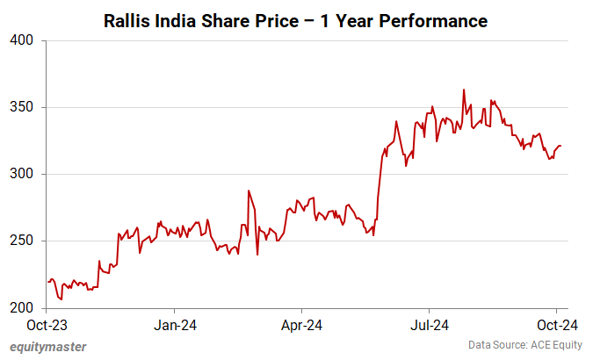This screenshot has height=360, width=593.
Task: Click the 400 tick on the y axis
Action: (21, 40)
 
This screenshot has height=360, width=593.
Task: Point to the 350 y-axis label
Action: (21, 107)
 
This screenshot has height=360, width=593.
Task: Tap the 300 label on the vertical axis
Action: (21, 174)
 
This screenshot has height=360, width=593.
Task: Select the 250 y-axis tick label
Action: (21, 241)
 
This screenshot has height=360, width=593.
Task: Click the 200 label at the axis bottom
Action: (21, 308)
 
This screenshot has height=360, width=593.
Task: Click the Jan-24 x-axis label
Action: (174, 326)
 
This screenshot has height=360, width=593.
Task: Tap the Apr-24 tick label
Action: (301, 326)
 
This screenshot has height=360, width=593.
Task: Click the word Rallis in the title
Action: (127, 18)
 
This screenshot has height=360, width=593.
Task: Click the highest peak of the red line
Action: (464, 90)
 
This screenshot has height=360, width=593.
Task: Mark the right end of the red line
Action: (560, 146)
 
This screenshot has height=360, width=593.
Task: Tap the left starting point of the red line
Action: (47, 282)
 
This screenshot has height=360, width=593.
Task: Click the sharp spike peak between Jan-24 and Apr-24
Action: (249, 191)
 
